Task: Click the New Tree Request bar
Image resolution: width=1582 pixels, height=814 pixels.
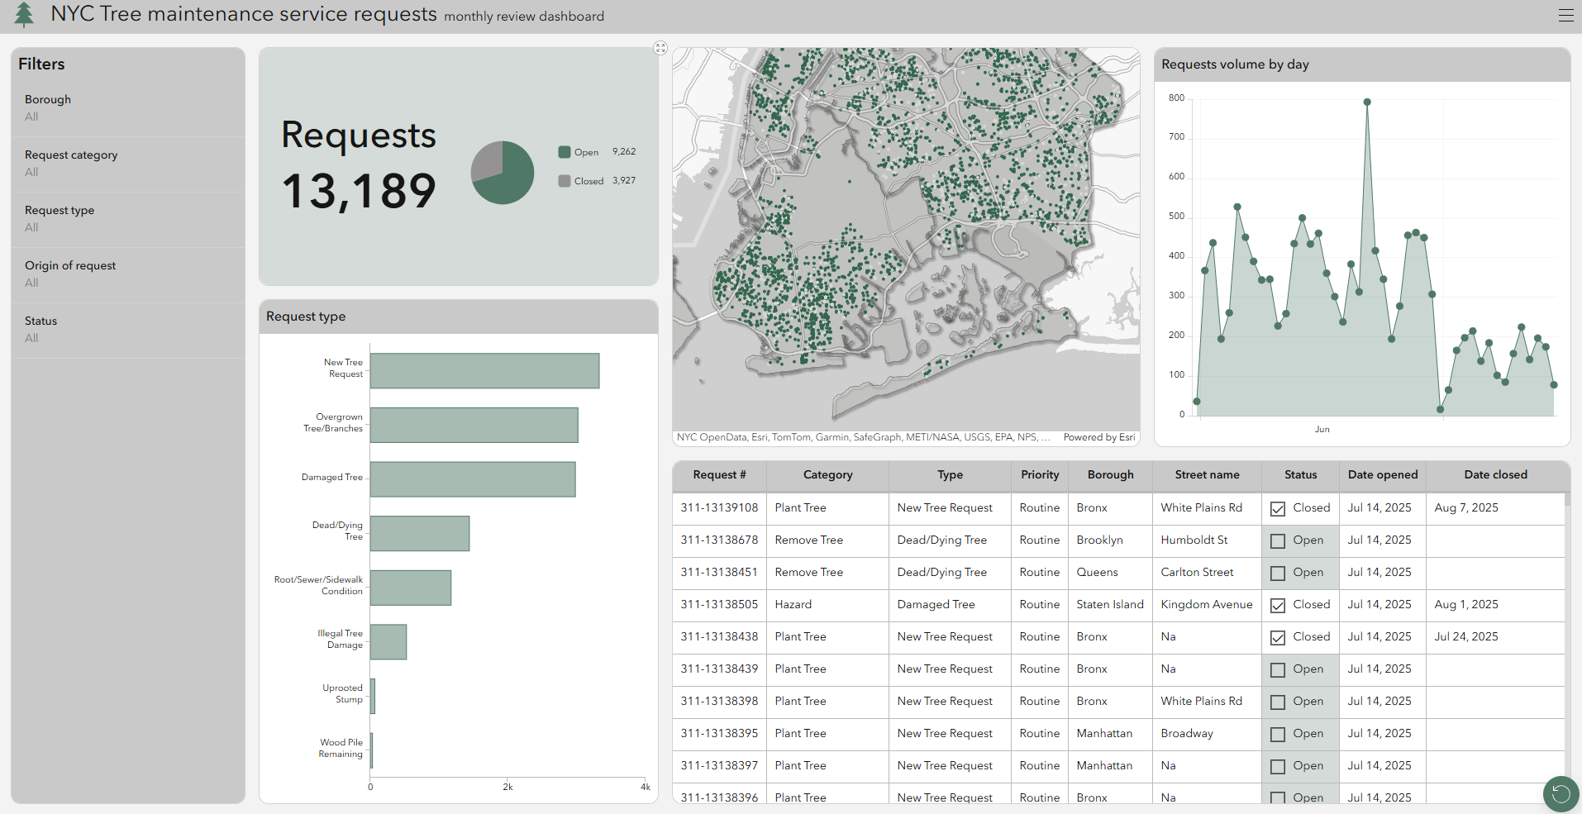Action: click(x=484, y=371)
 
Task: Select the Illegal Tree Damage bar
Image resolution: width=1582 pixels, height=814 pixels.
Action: click(x=388, y=642)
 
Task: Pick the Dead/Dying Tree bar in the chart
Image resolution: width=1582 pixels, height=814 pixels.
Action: click(x=420, y=534)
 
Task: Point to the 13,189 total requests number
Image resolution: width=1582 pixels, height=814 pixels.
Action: click(x=359, y=191)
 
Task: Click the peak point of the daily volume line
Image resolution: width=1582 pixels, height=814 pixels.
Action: click(x=1367, y=102)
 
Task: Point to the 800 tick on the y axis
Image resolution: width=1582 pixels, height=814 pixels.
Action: click(x=1176, y=98)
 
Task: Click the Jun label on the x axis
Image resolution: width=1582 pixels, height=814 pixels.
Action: click(x=1322, y=430)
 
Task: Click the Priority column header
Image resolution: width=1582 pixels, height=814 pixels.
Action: click(x=1040, y=475)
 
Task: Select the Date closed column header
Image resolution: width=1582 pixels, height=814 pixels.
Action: click(x=1495, y=475)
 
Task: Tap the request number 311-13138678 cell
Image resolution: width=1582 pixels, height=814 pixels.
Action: click(x=719, y=540)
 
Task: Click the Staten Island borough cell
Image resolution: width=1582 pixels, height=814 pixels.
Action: click(x=1110, y=605)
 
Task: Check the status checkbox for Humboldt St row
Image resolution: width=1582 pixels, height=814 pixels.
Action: click(x=1278, y=541)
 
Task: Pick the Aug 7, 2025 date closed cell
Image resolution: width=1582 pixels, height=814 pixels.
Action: click(x=1466, y=508)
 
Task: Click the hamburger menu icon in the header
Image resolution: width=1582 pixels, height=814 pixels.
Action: click(x=1565, y=16)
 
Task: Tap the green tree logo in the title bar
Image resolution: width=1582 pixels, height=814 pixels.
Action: click(x=25, y=15)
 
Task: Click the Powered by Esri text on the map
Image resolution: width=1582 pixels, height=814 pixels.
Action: click(x=1098, y=437)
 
